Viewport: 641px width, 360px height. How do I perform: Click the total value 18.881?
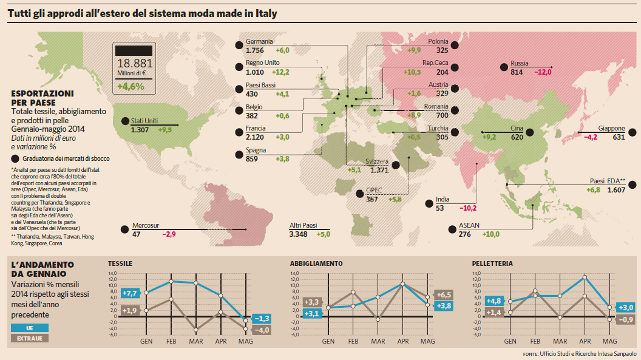pos(135,63)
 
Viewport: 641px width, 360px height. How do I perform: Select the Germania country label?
pos(259,41)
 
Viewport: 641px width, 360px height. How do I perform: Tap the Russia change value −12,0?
pos(542,72)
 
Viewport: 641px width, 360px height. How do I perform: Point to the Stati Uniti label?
pos(144,121)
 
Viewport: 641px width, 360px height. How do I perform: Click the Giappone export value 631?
pos(619,137)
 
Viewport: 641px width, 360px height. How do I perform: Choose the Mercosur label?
pos(146,225)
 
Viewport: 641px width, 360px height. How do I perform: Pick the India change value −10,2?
pos(468,208)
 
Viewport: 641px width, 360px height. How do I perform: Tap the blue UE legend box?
pos(29,327)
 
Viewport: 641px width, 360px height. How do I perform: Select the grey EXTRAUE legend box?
pos(29,338)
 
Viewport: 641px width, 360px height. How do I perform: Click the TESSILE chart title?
pos(120,264)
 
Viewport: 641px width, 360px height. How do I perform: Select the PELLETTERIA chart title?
pos(492,264)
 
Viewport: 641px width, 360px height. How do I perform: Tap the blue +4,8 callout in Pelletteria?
pos(493,301)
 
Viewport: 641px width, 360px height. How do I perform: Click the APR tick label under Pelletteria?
pos(585,341)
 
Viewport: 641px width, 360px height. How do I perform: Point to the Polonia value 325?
pos(442,50)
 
